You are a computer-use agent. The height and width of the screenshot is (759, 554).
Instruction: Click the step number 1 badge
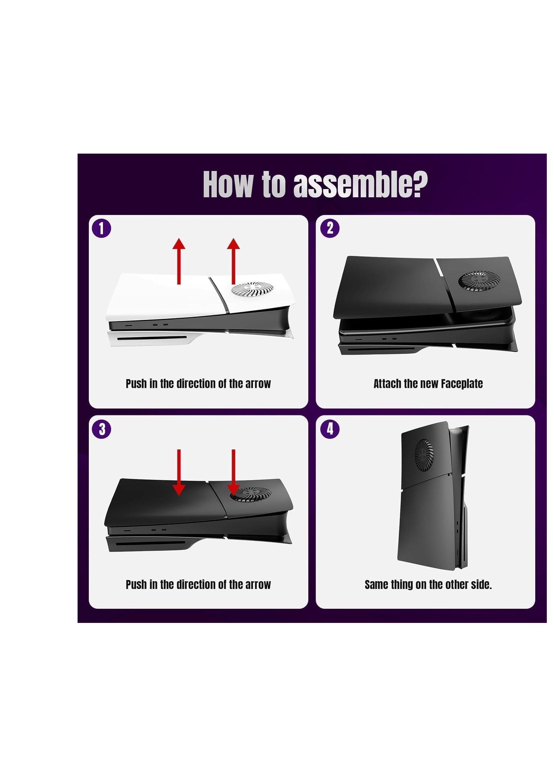[x=101, y=228]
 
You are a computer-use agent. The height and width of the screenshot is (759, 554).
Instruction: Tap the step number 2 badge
[x=330, y=228]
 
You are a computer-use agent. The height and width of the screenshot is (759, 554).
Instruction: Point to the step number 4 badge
[x=330, y=429]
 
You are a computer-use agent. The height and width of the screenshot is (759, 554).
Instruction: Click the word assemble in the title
[x=360, y=185]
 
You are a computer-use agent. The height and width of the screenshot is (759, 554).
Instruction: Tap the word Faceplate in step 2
[x=462, y=384]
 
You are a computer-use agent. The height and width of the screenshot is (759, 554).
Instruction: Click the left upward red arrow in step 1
[x=179, y=261]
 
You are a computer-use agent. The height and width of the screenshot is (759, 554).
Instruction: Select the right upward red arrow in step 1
[x=233, y=261]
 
